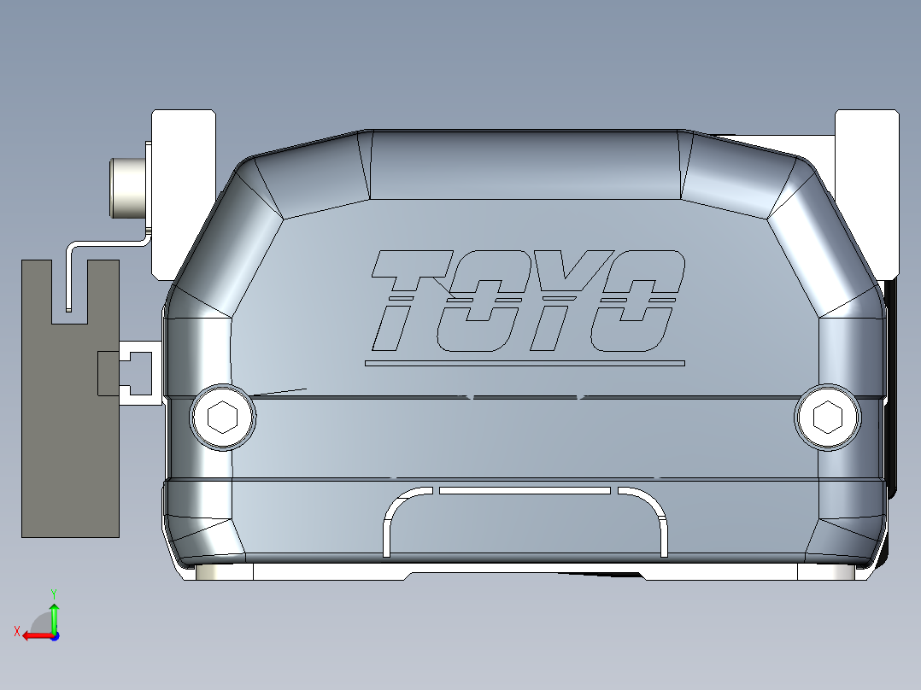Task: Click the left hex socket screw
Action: point(223,418)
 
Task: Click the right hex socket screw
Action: point(827,417)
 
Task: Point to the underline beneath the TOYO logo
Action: point(525,363)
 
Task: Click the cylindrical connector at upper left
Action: point(127,188)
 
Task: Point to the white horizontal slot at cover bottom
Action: point(525,491)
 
